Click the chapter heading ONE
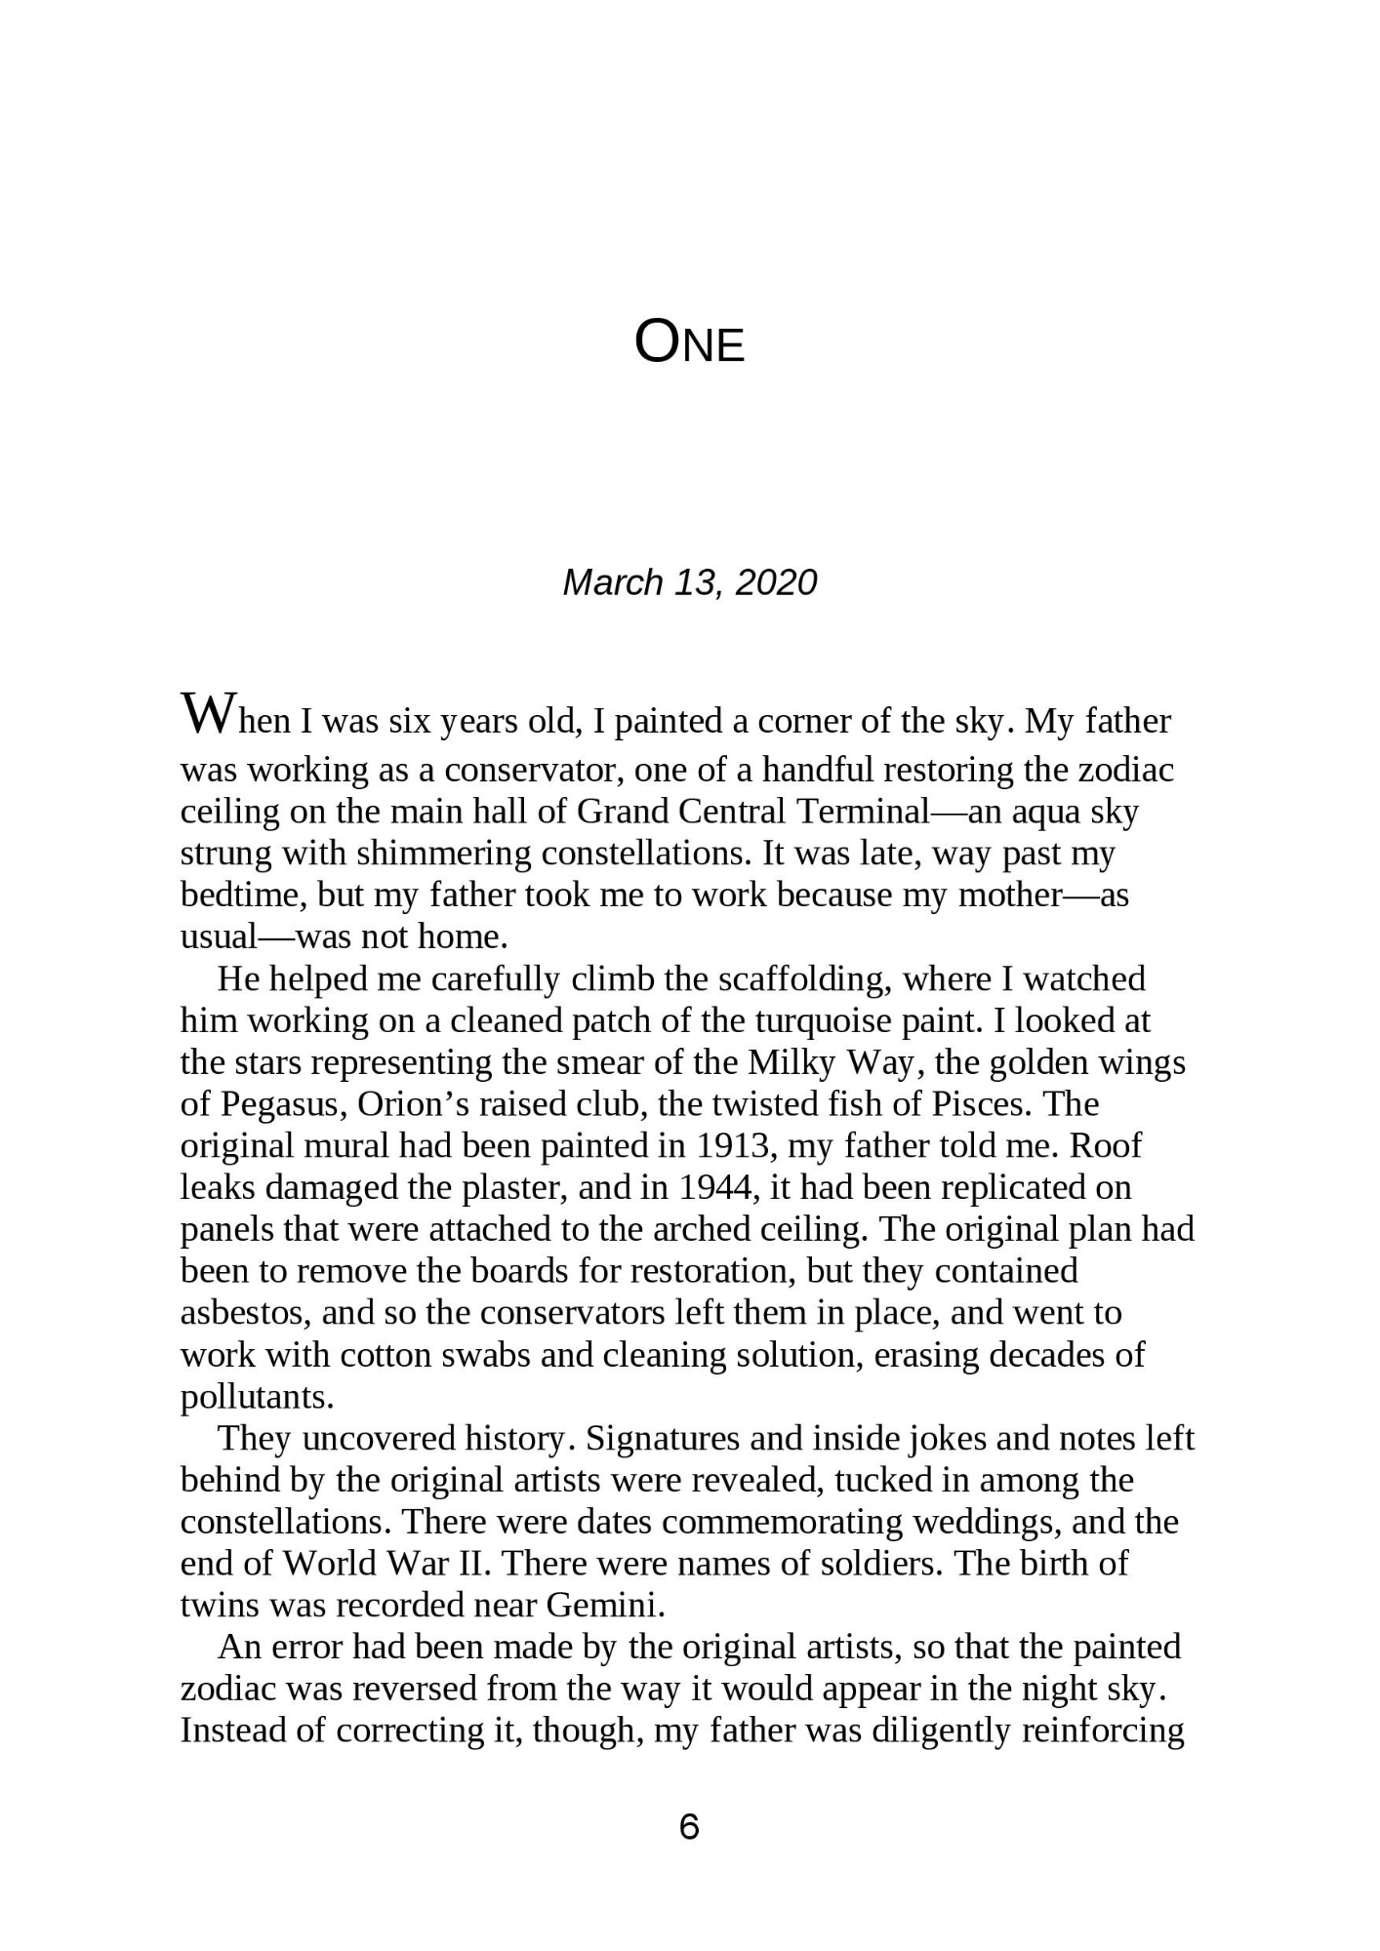coord(689,343)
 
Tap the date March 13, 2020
coord(689,582)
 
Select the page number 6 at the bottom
coord(689,1826)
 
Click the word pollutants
coord(258,1397)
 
